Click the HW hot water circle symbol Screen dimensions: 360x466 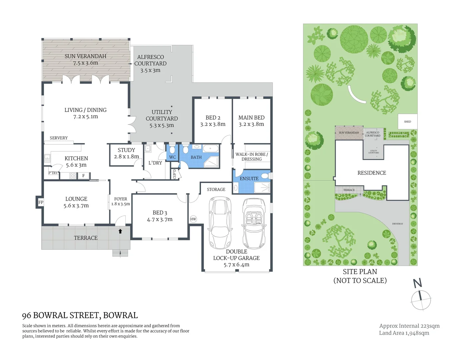[x=193, y=219]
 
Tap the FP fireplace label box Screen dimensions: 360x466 [x=41, y=202]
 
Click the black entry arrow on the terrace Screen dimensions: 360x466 [x=120, y=231]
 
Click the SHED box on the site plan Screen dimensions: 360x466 [x=407, y=122]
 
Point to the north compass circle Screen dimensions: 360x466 [x=421, y=300]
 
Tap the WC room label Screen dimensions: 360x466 [x=172, y=157]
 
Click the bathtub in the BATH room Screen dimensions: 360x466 [x=211, y=149]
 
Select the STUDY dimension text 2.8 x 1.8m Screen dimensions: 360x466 [x=126, y=157]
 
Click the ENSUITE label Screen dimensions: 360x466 [x=249, y=179]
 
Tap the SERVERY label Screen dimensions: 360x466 [x=59, y=138]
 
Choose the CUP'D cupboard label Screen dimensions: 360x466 [x=174, y=174]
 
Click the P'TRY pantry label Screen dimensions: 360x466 [x=53, y=173]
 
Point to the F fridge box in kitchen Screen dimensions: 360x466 [x=84, y=176]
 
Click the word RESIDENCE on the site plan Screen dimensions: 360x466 [x=372, y=173]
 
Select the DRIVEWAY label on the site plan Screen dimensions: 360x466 [x=397, y=224]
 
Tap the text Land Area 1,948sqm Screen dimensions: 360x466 [x=404, y=333]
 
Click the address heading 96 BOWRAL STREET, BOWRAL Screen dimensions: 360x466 [x=80, y=315]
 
